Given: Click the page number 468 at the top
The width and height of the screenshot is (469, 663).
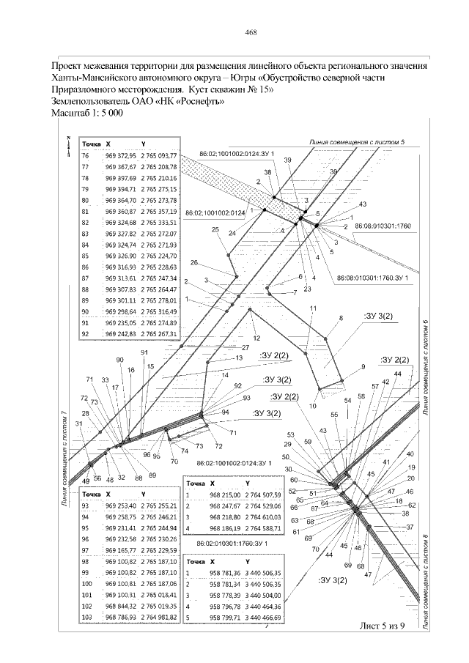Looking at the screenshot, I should pyautogui.click(x=251, y=32).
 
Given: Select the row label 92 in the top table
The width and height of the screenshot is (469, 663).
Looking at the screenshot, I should pyautogui.click(x=85, y=333).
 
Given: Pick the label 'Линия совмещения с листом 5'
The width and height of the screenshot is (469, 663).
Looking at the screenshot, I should pyautogui.click(x=357, y=140).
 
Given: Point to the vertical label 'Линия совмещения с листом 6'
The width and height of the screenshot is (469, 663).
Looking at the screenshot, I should pyautogui.click(x=425, y=366).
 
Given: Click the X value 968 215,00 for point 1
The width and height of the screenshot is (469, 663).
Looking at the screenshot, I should pyautogui.click(x=224, y=495).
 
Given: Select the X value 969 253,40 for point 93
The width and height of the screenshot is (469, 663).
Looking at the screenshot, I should pyautogui.click(x=121, y=505).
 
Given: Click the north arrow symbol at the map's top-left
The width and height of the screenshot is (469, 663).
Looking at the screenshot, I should pyautogui.click(x=67, y=145).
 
